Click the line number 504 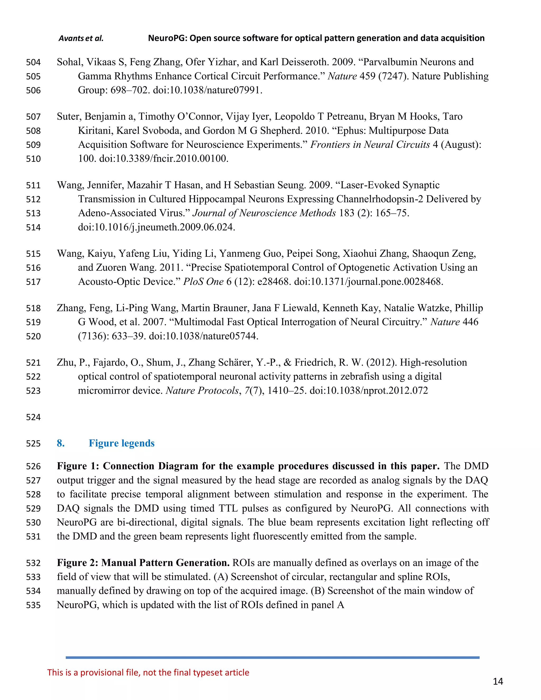click(x=33, y=62)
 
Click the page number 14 click(x=497, y=682)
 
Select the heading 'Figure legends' click(x=122, y=443)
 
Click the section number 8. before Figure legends click(x=60, y=443)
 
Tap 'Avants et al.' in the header click(x=81, y=39)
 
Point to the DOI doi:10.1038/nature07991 click(x=207, y=90)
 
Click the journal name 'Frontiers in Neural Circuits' click(x=370, y=144)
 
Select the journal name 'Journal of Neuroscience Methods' click(x=264, y=213)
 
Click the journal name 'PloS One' click(x=203, y=282)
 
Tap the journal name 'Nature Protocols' click(x=202, y=390)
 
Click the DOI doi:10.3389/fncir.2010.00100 click(x=164, y=159)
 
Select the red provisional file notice click(x=148, y=673)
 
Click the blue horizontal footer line click(x=272, y=657)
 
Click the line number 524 click(x=33, y=417)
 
